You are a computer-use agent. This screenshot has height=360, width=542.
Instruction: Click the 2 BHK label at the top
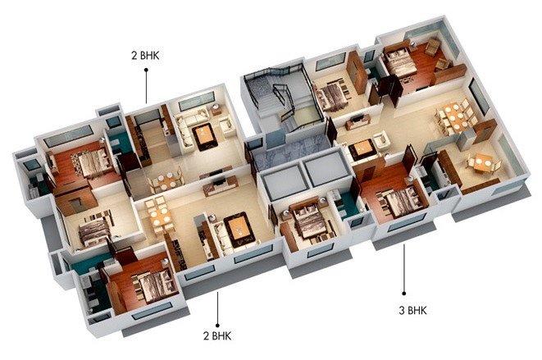(x=145, y=55)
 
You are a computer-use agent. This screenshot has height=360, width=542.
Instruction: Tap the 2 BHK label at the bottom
(x=217, y=335)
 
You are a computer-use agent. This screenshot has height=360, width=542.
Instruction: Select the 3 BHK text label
(x=412, y=310)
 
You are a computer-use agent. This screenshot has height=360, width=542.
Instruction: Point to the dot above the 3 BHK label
(x=403, y=294)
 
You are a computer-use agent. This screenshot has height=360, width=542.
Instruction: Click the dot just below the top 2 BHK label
(x=146, y=70)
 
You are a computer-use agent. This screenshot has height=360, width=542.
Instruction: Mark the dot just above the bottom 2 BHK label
(x=217, y=326)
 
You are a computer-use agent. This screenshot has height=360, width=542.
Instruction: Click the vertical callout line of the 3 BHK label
(x=403, y=268)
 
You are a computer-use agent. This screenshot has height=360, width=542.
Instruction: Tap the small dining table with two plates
(x=483, y=162)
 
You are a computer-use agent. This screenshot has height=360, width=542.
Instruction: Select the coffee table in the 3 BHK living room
(x=362, y=150)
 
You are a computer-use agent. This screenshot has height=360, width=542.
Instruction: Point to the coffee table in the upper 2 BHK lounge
(x=205, y=134)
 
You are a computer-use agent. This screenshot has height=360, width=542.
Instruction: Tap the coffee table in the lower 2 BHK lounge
(x=239, y=229)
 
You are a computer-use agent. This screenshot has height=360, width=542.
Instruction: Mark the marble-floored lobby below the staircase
(x=289, y=148)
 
